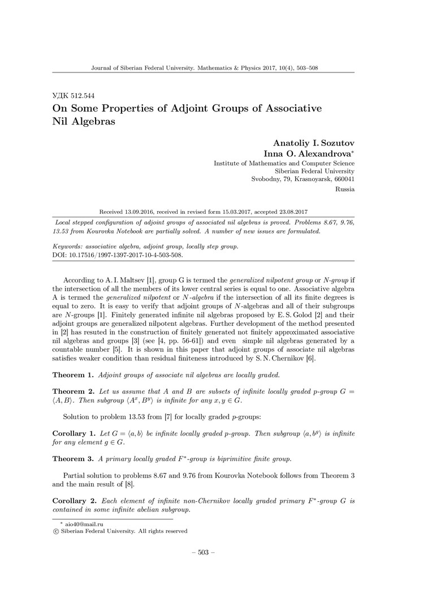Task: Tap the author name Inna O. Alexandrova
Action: click(x=309, y=154)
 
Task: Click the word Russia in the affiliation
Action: click(x=344, y=190)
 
